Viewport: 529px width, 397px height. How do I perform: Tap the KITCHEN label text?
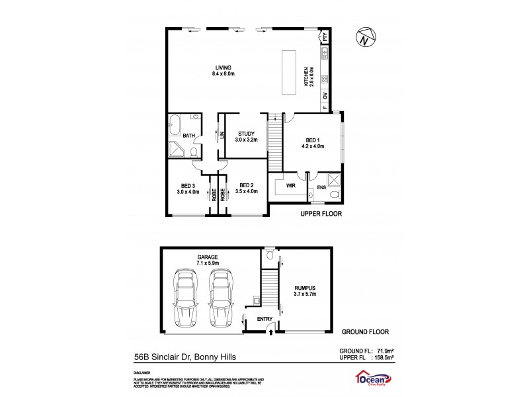click(x=306, y=77)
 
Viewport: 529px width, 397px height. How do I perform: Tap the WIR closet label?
click(x=290, y=186)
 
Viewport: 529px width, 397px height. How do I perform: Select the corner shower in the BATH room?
click(x=177, y=150)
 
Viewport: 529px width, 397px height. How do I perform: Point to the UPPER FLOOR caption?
click(x=323, y=214)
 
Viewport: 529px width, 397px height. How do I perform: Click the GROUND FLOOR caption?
click(x=365, y=331)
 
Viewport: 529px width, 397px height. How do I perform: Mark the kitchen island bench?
click(x=288, y=72)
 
